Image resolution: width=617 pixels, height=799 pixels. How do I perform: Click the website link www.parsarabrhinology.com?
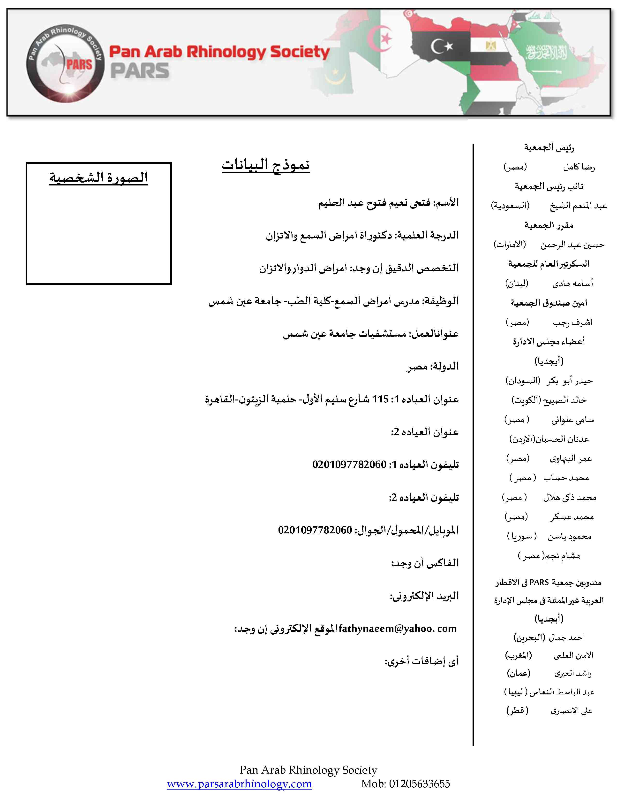tap(239, 784)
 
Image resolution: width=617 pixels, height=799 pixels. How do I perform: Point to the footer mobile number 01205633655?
tap(419, 784)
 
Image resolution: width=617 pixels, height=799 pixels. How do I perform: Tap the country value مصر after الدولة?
tap(417, 367)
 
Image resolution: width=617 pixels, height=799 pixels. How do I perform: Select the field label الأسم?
tap(447, 203)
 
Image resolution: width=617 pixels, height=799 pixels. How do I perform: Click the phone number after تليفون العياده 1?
tap(349, 465)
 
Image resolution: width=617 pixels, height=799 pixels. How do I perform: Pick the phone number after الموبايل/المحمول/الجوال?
tap(315, 530)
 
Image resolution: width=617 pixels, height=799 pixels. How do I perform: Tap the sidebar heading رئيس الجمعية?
tap(549, 147)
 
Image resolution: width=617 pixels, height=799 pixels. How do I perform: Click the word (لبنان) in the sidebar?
tap(517, 284)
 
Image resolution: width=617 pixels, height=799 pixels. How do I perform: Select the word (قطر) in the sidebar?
tap(517, 710)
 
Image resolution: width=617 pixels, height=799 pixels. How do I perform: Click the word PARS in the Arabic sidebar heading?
tap(539, 582)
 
